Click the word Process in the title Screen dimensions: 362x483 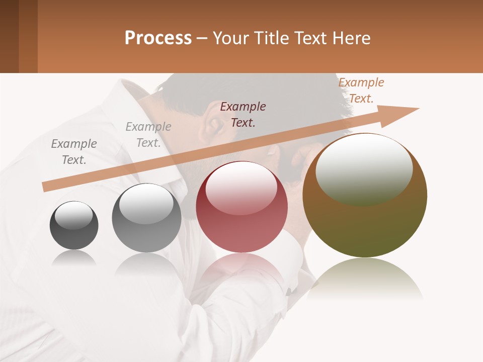click(158, 38)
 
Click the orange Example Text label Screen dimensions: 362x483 click(361, 90)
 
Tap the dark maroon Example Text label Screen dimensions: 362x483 click(243, 114)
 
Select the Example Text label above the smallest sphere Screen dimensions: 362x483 click(74, 151)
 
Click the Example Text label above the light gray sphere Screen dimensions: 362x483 click(148, 135)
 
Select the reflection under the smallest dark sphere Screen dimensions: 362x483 click(74, 257)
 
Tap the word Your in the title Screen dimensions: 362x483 click(232, 38)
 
